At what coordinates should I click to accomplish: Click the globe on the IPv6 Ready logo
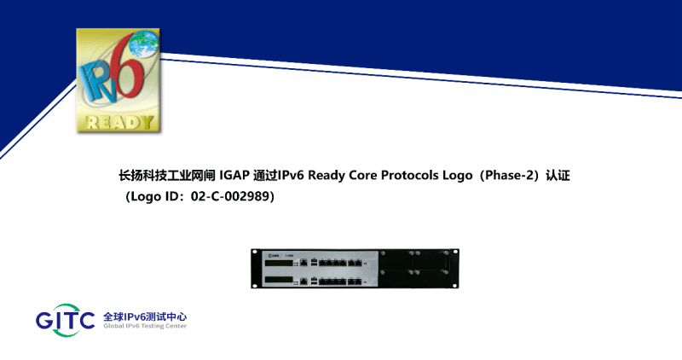(x=144, y=44)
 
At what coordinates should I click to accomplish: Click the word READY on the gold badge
(x=119, y=122)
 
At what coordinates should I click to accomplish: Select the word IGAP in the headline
(x=234, y=176)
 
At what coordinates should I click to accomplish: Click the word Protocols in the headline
(x=410, y=176)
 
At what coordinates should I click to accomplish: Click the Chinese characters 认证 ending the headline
(x=558, y=176)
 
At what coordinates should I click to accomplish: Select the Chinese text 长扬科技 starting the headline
(x=142, y=176)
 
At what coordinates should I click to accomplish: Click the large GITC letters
(x=66, y=321)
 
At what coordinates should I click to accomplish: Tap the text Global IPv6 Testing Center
(x=145, y=326)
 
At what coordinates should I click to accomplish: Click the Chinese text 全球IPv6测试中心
(x=145, y=316)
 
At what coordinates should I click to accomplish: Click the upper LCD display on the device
(x=279, y=263)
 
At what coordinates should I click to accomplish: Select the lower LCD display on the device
(x=279, y=280)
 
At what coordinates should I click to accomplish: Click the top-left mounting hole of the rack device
(x=254, y=253)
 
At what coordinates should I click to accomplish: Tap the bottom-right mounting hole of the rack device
(x=455, y=285)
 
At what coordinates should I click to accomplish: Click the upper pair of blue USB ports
(x=314, y=262)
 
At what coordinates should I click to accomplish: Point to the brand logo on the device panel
(x=274, y=255)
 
